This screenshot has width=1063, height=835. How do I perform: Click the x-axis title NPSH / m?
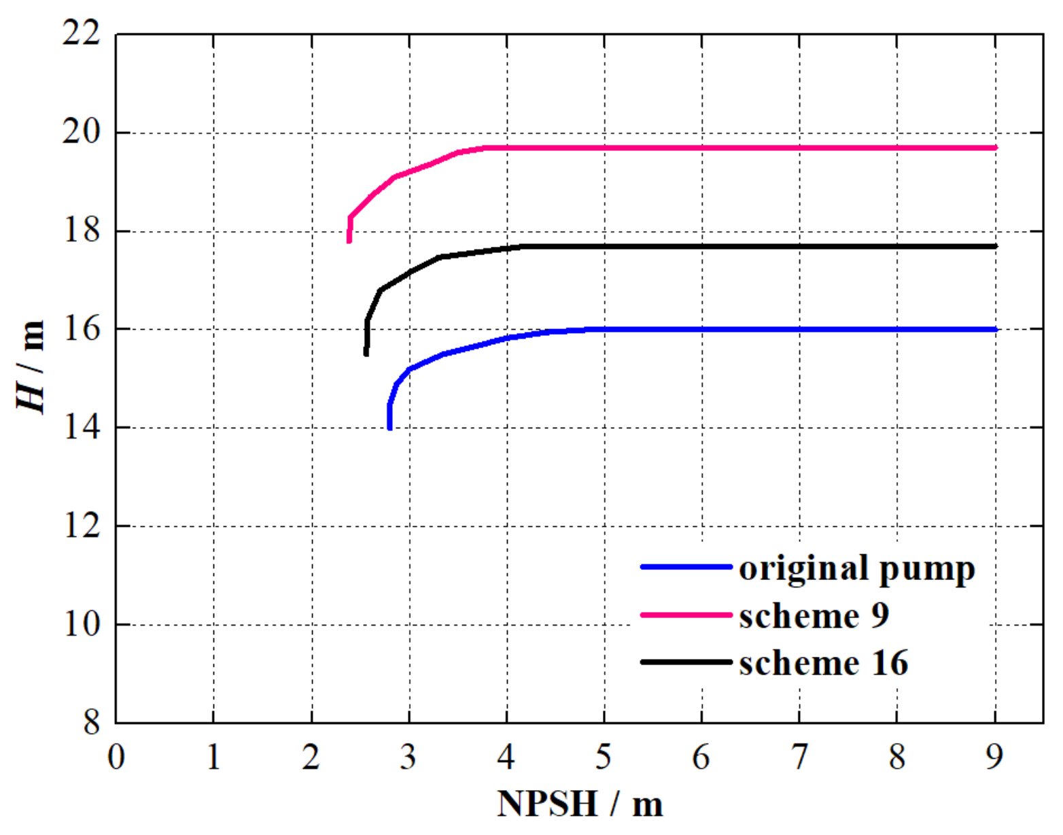(x=580, y=804)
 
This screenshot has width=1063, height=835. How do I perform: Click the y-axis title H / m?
(x=31, y=367)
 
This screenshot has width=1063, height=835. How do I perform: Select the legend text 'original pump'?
(x=856, y=568)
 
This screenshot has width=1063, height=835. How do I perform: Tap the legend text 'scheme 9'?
(x=814, y=616)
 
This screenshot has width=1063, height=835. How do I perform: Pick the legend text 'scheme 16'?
(x=823, y=663)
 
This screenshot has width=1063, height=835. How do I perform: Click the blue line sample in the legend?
(x=686, y=567)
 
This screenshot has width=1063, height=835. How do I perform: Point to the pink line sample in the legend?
(x=686, y=615)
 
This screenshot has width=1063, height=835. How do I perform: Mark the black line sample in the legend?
(x=686, y=662)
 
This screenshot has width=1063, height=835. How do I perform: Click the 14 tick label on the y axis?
(x=81, y=428)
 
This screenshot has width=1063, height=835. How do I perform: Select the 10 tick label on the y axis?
(x=81, y=624)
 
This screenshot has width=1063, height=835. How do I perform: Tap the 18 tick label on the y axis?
(x=81, y=231)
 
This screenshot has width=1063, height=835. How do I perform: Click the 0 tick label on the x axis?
(x=116, y=757)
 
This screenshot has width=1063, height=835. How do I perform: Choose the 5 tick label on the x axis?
(x=604, y=757)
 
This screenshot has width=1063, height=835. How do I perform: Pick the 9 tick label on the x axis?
(x=994, y=757)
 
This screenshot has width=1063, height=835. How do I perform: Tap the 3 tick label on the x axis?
(x=408, y=757)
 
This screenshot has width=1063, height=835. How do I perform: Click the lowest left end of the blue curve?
(x=389, y=428)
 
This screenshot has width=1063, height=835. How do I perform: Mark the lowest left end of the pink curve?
(x=349, y=241)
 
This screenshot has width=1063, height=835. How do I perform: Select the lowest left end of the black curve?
(x=366, y=354)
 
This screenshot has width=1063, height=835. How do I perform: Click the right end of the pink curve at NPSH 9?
(x=994, y=148)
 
